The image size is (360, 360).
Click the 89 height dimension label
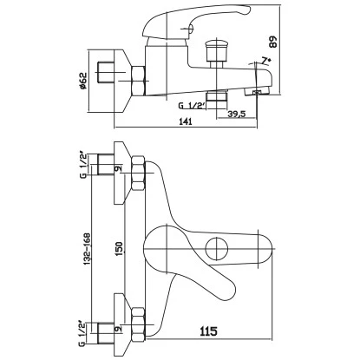(x=273, y=42)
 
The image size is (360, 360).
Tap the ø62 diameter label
(x=83, y=81)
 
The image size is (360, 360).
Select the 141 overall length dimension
(x=186, y=121)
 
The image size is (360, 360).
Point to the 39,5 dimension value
(x=236, y=115)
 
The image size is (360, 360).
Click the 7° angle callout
(x=266, y=61)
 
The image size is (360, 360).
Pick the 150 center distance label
(x=120, y=248)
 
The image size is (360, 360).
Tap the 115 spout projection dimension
(x=208, y=331)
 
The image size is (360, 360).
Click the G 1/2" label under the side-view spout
(x=192, y=106)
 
